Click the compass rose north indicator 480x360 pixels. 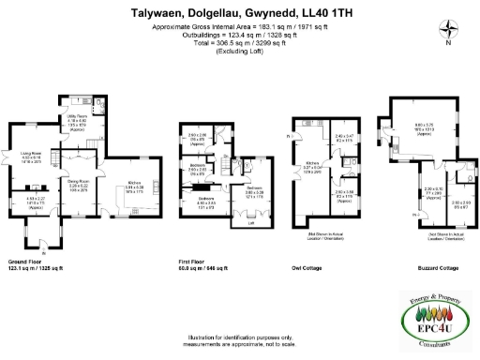point(448,31)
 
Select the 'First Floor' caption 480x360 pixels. point(194,262)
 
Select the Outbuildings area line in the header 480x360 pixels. point(239,35)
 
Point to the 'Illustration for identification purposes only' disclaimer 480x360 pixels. point(239,337)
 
